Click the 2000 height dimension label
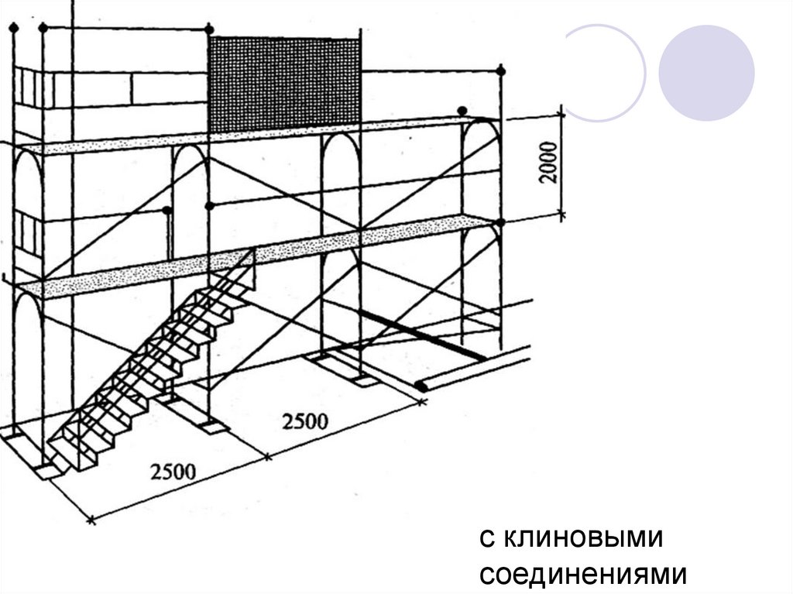pos(548,162)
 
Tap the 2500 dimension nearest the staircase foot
pos(173,472)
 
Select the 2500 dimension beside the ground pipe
pos(305,421)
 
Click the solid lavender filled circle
pos(706,73)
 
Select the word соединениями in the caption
pos(583,575)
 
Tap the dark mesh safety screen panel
pos(285,84)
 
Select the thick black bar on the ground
pos(421,335)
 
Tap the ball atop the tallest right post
pos(501,70)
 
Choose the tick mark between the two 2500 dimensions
pos(267,457)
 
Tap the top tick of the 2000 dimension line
pos(561,115)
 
